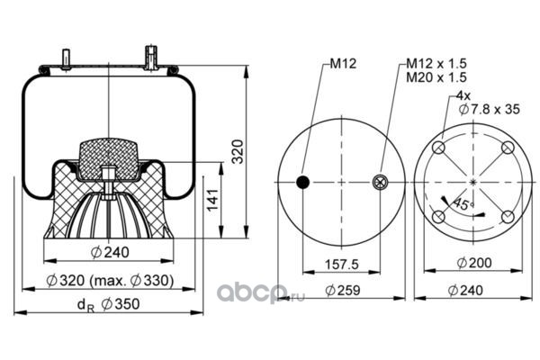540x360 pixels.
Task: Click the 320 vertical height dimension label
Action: pyautogui.click(x=238, y=151)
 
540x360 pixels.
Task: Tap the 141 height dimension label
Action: pyautogui.click(x=212, y=200)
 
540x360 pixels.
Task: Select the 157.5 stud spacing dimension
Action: pyautogui.click(x=342, y=265)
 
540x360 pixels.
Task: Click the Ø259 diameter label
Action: pyautogui.click(x=343, y=290)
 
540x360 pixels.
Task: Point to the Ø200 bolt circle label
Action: pyautogui.click(x=474, y=263)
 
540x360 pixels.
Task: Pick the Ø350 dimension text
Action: pyautogui.click(x=121, y=304)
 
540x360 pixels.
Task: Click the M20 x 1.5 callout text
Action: pyautogui.click(x=436, y=77)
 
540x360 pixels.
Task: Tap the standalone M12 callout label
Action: pyautogui.click(x=343, y=63)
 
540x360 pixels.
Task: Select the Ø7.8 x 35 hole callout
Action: pyautogui.click(x=490, y=109)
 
